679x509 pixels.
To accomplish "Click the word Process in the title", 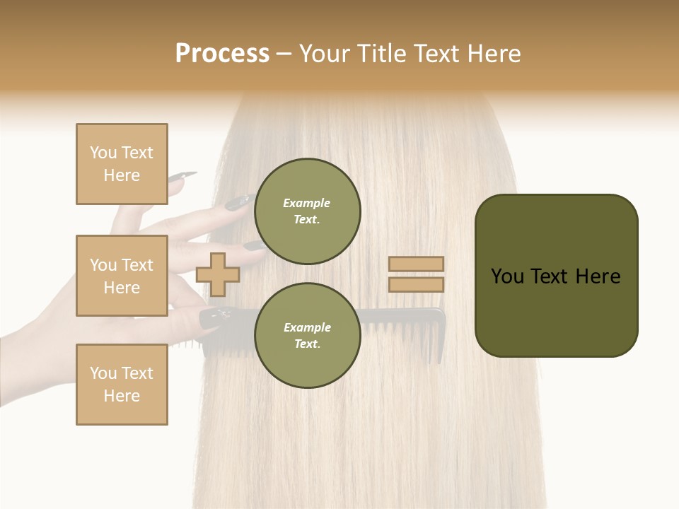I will coord(222,54).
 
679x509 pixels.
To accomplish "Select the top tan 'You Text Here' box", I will coord(122,164).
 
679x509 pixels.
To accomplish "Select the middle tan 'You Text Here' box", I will coord(122,276).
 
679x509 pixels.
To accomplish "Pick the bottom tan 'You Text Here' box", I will coord(122,385).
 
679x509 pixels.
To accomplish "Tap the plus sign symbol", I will coord(217,274).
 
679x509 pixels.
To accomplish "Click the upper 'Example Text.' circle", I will coord(307,211).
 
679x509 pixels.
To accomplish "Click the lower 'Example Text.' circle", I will coord(307,335).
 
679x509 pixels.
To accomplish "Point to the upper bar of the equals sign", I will coord(416,264).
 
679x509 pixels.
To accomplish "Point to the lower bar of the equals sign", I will coord(416,284).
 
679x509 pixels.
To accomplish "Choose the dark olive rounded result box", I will coord(556,275).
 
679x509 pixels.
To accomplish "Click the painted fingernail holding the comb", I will coord(211,317).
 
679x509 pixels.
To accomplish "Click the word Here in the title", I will coord(494,54).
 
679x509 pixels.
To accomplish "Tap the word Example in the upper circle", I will coord(306,203).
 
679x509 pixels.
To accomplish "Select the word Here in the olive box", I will coord(598,276).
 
